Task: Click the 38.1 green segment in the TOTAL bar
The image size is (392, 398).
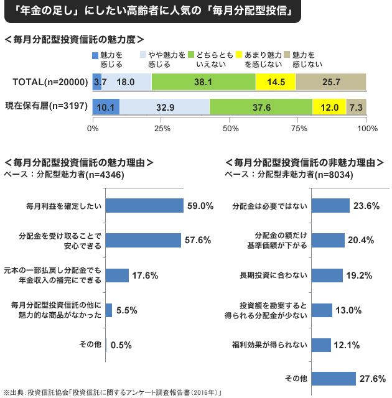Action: tap(203, 81)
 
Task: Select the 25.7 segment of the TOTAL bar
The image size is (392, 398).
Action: tap(330, 81)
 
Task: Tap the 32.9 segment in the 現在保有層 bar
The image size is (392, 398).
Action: tap(164, 107)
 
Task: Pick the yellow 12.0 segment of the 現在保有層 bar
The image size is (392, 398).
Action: tap(329, 107)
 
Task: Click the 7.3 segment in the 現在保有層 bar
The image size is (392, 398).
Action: tap(356, 107)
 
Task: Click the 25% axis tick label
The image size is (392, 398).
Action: tap(162, 129)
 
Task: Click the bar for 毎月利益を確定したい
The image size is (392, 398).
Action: tap(144, 206)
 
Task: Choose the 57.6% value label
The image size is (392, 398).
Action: tap(198, 240)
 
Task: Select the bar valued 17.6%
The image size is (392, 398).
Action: tap(117, 275)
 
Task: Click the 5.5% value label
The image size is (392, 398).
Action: tap(126, 310)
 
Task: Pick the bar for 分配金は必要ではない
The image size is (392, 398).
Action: tap(330, 206)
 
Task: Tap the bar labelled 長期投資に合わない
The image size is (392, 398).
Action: tap(327, 275)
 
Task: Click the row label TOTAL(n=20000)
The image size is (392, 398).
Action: tap(47, 81)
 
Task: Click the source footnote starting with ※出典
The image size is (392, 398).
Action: tap(112, 392)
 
